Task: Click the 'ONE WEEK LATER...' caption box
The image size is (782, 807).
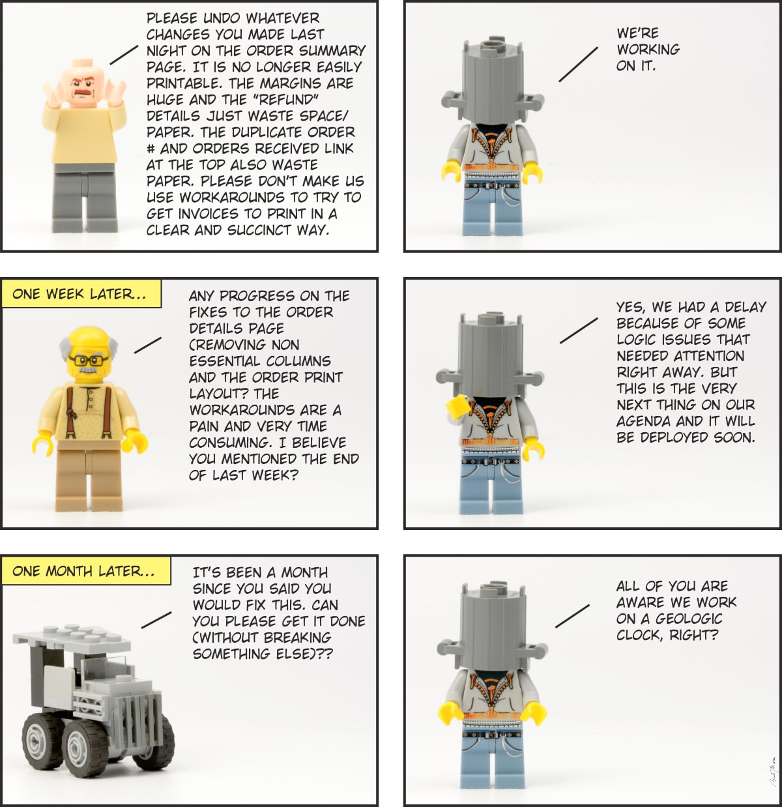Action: click(81, 293)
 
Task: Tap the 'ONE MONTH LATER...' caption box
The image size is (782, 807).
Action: click(86, 570)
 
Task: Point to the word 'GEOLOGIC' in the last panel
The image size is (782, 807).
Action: click(689, 619)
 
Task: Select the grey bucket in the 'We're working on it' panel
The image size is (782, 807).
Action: click(492, 81)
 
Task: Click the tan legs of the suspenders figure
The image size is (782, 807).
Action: click(89, 475)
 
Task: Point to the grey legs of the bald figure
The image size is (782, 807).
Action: click(85, 198)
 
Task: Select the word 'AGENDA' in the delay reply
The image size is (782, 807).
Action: click(644, 421)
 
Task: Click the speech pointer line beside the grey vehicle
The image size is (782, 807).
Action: click(156, 619)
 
